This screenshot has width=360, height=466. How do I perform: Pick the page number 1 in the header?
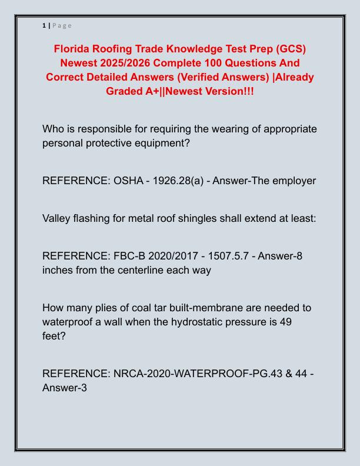tap(44, 25)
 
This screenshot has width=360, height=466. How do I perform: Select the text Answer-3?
tap(65, 388)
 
